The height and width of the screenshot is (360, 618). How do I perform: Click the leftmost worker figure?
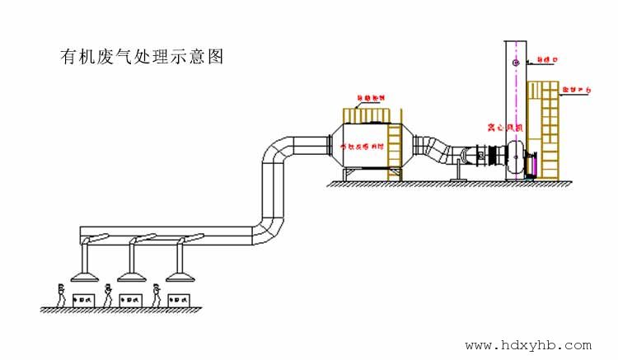60,294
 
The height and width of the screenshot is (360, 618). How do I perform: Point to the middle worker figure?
109,294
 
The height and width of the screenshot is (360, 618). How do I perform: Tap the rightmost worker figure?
157,294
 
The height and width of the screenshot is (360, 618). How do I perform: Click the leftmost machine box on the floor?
83,300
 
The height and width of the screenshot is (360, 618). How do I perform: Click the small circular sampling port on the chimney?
516,62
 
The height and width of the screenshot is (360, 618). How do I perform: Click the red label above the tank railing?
370,99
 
